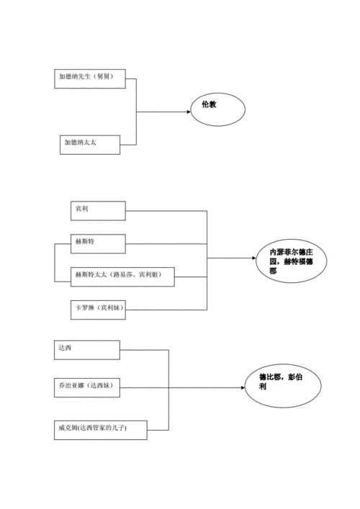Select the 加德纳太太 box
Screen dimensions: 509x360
coord(89,145)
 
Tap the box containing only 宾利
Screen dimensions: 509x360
coord(97,210)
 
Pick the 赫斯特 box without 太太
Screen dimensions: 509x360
coord(97,243)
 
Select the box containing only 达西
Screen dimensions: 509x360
coord(87,349)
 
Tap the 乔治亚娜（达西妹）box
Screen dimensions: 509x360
coord(87,387)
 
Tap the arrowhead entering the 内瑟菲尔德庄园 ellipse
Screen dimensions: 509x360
coord(256,258)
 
